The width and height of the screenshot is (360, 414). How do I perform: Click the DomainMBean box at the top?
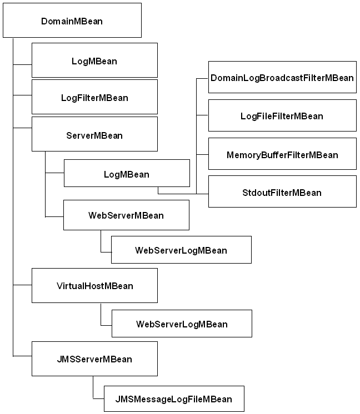tap(72, 21)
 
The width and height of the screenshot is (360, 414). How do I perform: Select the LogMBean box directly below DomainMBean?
tap(94, 61)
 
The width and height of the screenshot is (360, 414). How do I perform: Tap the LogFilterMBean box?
tap(94, 98)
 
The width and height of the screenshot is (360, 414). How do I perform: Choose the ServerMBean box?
tap(94, 135)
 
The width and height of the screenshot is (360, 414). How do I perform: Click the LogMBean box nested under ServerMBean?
tap(127, 174)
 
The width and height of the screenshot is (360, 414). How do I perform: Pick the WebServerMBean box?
tap(126, 215)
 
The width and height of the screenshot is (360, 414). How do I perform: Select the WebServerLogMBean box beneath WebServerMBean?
tap(181, 250)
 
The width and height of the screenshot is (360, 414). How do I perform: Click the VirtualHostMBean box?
tap(94, 286)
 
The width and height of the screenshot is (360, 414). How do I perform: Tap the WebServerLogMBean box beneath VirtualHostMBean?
tap(182, 324)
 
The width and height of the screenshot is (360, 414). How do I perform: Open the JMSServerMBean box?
tap(94, 359)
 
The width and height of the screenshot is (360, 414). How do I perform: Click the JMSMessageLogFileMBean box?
tap(173, 398)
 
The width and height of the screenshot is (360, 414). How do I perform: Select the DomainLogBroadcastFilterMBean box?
tap(282, 78)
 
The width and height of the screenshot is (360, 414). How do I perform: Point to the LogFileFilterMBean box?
tap(282, 115)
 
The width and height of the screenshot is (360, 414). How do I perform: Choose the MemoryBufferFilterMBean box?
tap(282, 154)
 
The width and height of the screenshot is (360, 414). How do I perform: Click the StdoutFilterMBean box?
tap(282, 192)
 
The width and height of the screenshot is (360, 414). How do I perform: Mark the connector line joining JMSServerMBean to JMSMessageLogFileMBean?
tap(93, 388)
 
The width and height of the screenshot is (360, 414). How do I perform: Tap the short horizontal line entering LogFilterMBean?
tap(22, 95)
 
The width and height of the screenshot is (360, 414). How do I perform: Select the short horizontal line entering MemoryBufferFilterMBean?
tap(202, 154)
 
